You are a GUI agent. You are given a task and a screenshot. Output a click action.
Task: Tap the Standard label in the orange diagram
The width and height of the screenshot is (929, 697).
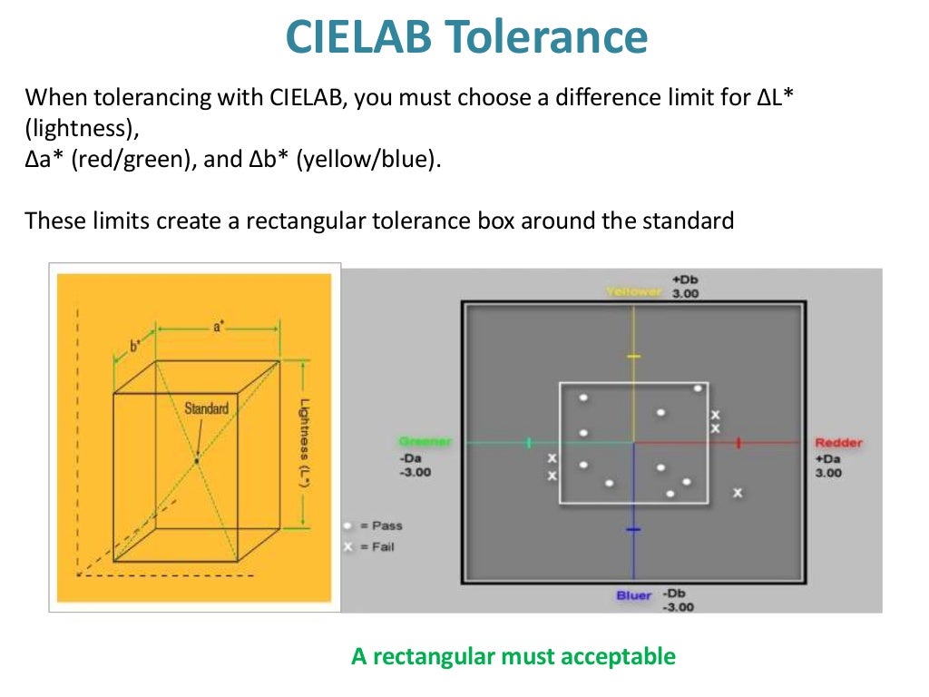click(206, 408)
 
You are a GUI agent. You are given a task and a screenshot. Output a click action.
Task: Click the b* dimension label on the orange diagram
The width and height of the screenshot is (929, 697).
click(135, 347)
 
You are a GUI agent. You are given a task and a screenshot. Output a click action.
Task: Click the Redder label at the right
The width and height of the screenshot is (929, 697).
click(838, 442)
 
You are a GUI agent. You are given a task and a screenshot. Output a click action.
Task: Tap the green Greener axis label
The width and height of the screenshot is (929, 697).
click(425, 442)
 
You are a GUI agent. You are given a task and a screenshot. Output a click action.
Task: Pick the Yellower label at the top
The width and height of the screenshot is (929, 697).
click(634, 292)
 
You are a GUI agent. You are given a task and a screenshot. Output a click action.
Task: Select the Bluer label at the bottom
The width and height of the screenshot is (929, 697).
click(634, 595)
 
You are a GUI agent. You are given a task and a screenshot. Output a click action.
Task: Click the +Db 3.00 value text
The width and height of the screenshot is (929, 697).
click(685, 287)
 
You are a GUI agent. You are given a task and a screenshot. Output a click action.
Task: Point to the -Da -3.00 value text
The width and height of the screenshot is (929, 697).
click(416, 466)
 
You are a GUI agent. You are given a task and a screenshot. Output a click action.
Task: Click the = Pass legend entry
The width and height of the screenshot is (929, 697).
click(373, 525)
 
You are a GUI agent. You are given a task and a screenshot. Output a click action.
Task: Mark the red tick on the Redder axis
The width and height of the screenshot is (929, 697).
click(739, 442)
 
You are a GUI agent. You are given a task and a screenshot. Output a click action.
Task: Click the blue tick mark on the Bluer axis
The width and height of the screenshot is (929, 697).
click(633, 528)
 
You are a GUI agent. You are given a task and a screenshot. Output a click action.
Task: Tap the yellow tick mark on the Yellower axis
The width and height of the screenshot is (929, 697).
click(633, 356)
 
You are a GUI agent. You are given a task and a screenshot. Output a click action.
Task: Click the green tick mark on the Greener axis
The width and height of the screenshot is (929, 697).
click(528, 442)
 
